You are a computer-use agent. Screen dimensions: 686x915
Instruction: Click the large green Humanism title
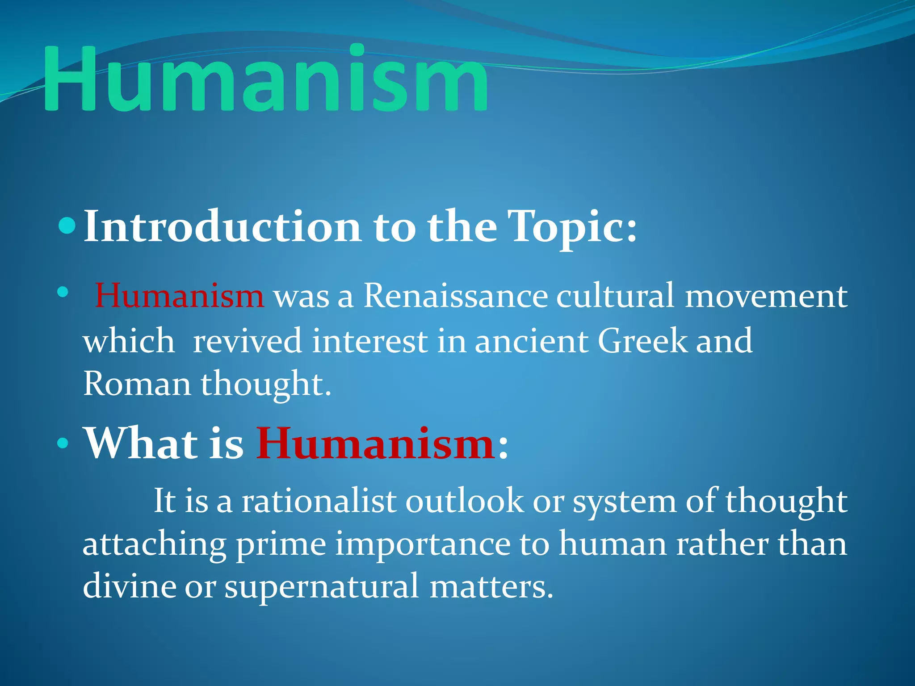266,79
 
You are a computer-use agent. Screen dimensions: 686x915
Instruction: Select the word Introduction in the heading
222,227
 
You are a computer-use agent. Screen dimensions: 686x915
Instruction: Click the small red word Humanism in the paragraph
180,296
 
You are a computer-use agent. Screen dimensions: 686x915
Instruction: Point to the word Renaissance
456,296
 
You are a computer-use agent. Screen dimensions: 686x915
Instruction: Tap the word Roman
137,384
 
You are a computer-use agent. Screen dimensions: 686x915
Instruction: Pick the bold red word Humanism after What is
375,444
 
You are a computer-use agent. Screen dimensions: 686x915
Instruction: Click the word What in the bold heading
141,444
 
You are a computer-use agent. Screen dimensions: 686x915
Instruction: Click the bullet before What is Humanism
63,444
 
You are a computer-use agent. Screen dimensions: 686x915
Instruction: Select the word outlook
464,501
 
